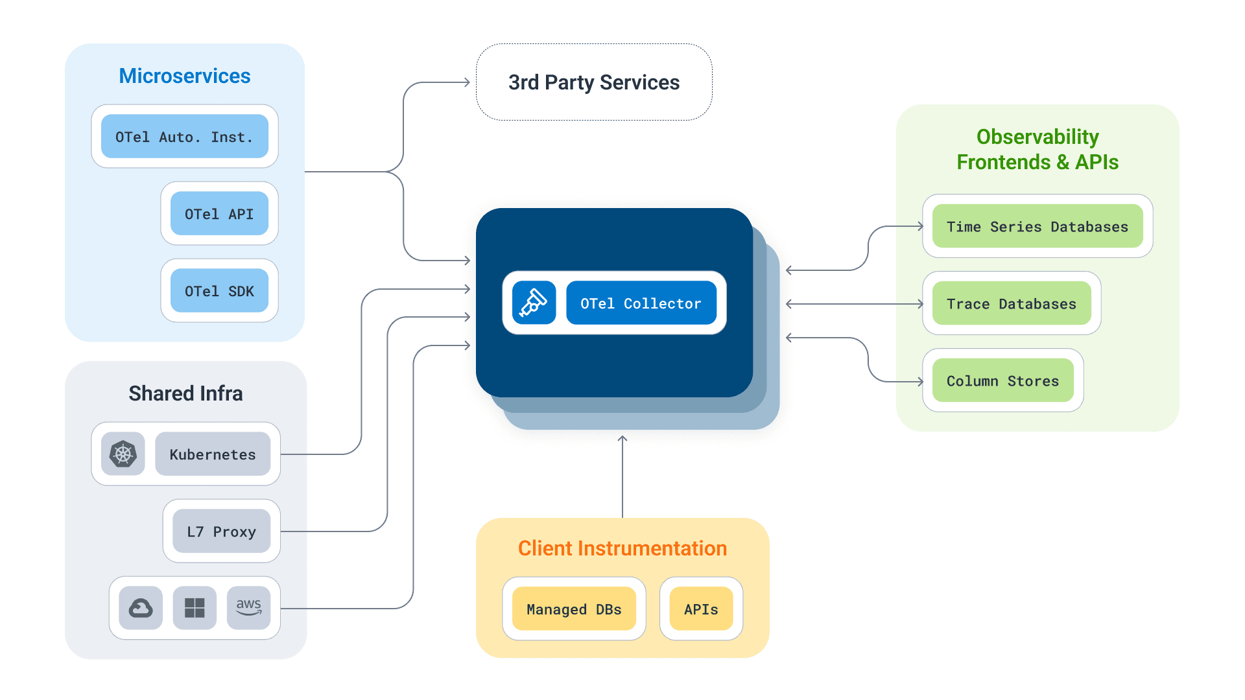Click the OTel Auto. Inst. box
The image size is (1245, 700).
tap(185, 137)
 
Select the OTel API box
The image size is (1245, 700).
tap(219, 214)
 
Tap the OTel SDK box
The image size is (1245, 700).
tap(219, 291)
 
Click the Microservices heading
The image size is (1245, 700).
tap(185, 76)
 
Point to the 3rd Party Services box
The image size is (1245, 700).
tap(594, 82)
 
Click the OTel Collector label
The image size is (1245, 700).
tap(641, 303)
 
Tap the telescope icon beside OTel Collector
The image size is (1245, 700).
tap(534, 303)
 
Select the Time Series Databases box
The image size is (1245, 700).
tap(1037, 226)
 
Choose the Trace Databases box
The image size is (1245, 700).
tap(1011, 303)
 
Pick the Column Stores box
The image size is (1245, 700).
tap(1002, 380)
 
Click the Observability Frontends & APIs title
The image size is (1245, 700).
tap(1037, 149)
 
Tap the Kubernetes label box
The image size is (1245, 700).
tap(213, 454)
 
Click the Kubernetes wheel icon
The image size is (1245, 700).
tap(123, 454)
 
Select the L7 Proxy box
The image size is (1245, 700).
tap(221, 531)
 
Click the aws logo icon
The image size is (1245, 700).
tap(248, 608)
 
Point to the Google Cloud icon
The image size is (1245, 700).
tap(141, 608)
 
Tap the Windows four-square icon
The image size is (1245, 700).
tap(195, 608)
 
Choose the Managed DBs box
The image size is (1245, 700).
tap(574, 609)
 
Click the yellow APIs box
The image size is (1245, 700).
tap(701, 609)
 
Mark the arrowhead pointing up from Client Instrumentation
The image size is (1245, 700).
tap(622, 439)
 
